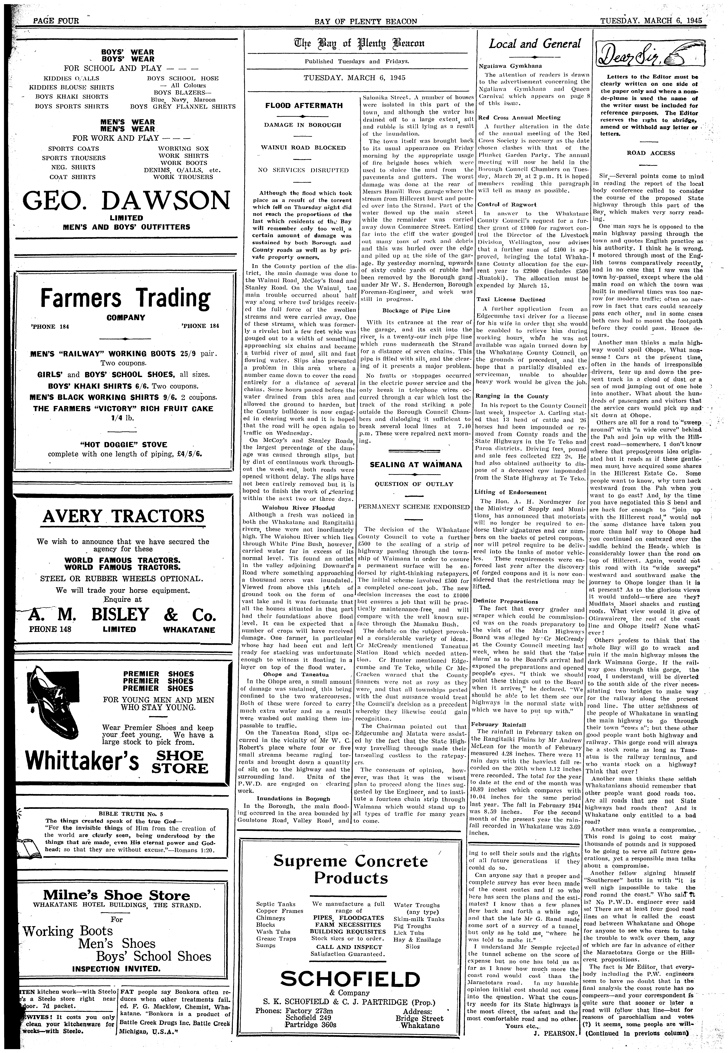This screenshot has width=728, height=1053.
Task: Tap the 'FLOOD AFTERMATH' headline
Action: point(304,106)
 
